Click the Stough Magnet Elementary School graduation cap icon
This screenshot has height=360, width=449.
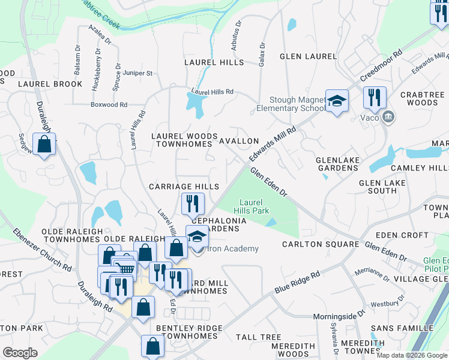337,100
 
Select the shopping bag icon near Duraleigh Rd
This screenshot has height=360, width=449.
44,145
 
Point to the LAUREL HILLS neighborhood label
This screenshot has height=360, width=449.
214,62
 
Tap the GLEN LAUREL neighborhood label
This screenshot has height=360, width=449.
309,56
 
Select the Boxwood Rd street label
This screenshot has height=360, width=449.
109,104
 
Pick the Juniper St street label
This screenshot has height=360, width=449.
137,73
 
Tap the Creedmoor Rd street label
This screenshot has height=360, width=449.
379,71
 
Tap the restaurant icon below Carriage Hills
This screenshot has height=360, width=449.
193,204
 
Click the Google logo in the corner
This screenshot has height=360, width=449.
20,353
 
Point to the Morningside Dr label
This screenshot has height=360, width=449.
339,316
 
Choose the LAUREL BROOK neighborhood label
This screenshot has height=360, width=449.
50,84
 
